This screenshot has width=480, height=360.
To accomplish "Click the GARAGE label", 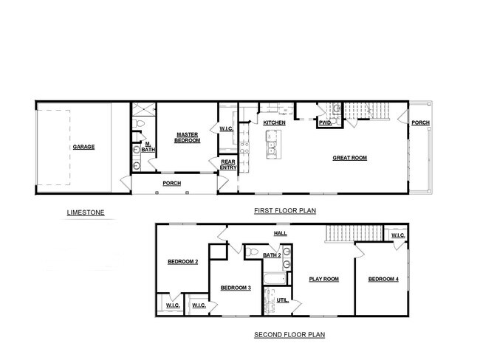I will [x=83, y=147].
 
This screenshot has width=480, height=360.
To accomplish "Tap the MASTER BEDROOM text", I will [x=188, y=137].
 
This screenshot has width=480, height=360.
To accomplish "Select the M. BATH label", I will [x=148, y=147].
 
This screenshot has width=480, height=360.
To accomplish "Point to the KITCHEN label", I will [x=274, y=122].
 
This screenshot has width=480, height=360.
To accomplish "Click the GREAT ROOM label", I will [x=349, y=157].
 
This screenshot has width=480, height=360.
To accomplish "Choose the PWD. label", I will [x=324, y=123].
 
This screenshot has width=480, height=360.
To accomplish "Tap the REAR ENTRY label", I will [x=227, y=165].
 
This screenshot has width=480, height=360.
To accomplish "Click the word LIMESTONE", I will [x=86, y=213].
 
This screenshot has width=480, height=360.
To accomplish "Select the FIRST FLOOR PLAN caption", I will [x=285, y=210].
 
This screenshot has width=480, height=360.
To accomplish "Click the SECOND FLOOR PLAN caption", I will [x=289, y=334].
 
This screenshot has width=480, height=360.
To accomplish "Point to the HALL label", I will [x=281, y=233].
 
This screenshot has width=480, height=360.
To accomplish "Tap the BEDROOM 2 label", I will [x=182, y=261].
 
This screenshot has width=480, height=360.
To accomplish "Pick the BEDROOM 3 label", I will [x=236, y=288].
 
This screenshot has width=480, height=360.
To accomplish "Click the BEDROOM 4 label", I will [x=383, y=279].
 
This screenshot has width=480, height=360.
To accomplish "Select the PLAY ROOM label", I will [x=323, y=279].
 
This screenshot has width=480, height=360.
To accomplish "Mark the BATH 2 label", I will [x=272, y=255].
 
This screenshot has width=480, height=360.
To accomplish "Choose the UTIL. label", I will [x=283, y=300].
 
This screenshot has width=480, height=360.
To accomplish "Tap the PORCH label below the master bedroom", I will [x=172, y=183].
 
